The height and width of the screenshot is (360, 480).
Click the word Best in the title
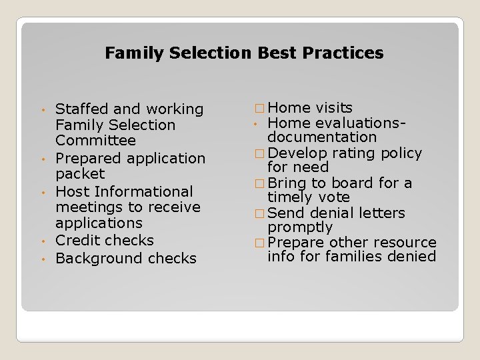(x=273, y=53)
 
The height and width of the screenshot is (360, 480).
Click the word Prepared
(x=87, y=159)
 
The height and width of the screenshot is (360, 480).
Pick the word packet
(x=80, y=174)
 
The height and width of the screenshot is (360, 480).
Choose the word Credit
(x=75, y=241)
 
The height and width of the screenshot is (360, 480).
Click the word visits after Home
(x=334, y=108)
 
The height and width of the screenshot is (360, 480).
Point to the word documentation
(x=322, y=137)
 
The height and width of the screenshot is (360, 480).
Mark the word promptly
(x=299, y=228)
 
